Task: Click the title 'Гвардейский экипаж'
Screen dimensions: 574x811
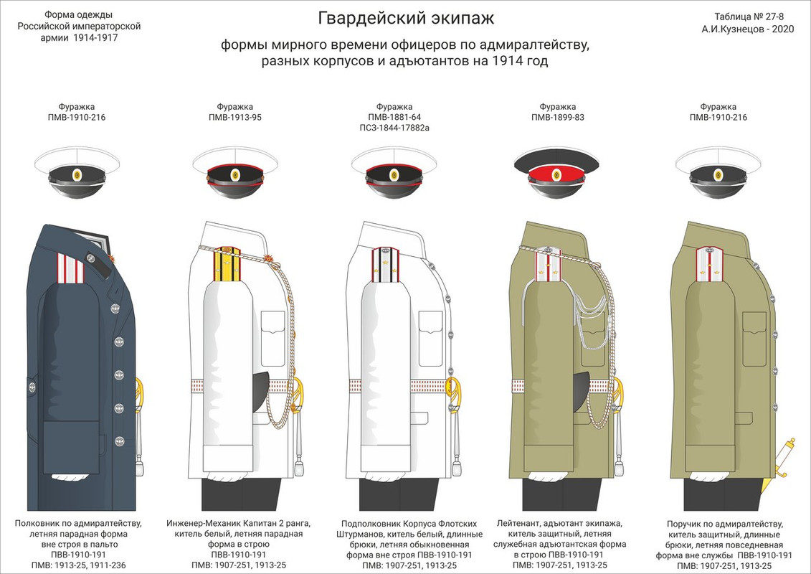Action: pyautogui.click(x=405, y=17)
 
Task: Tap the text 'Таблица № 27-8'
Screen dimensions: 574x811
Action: pyautogui.click(x=751, y=17)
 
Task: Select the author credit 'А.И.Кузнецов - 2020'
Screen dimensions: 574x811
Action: pyautogui.click(x=751, y=30)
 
